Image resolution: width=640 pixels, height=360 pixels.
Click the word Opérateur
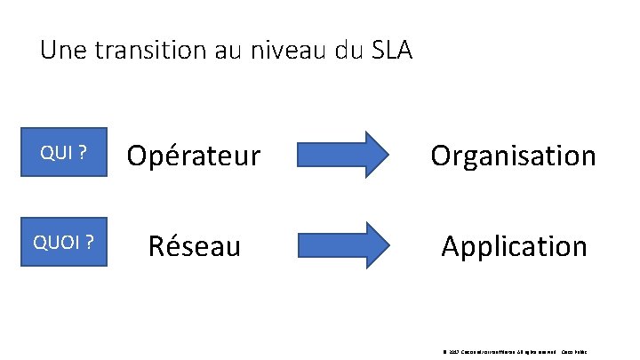(x=193, y=156)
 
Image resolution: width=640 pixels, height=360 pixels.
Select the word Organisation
(x=513, y=156)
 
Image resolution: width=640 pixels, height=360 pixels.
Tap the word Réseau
(x=195, y=245)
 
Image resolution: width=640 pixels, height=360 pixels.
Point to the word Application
(x=515, y=246)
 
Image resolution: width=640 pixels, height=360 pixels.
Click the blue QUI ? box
(x=63, y=154)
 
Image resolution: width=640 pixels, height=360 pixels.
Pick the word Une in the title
(x=61, y=50)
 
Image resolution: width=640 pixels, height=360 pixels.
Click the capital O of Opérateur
(x=138, y=156)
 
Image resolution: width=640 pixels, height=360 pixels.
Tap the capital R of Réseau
(x=157, y=245)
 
